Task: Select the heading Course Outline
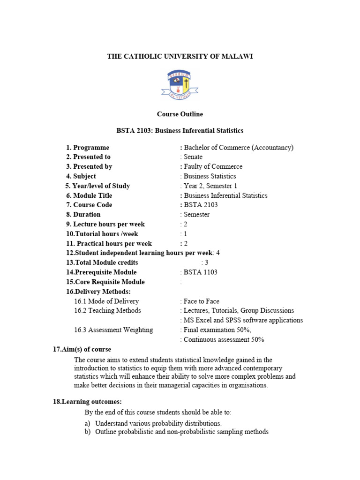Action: (180, 114)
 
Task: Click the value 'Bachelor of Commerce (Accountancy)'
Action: (239, 147)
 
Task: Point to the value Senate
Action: (193, 157)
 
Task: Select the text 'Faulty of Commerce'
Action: (213, 166)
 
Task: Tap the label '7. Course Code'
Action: (89, 205)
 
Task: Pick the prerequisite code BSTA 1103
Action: (201, 272)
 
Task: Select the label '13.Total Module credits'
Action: (102, 262)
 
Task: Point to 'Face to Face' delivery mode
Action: (201, 301)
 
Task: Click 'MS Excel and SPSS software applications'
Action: (243, 320)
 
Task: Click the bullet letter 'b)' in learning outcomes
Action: (87, 432)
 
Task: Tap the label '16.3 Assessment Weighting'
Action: (113, 330)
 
